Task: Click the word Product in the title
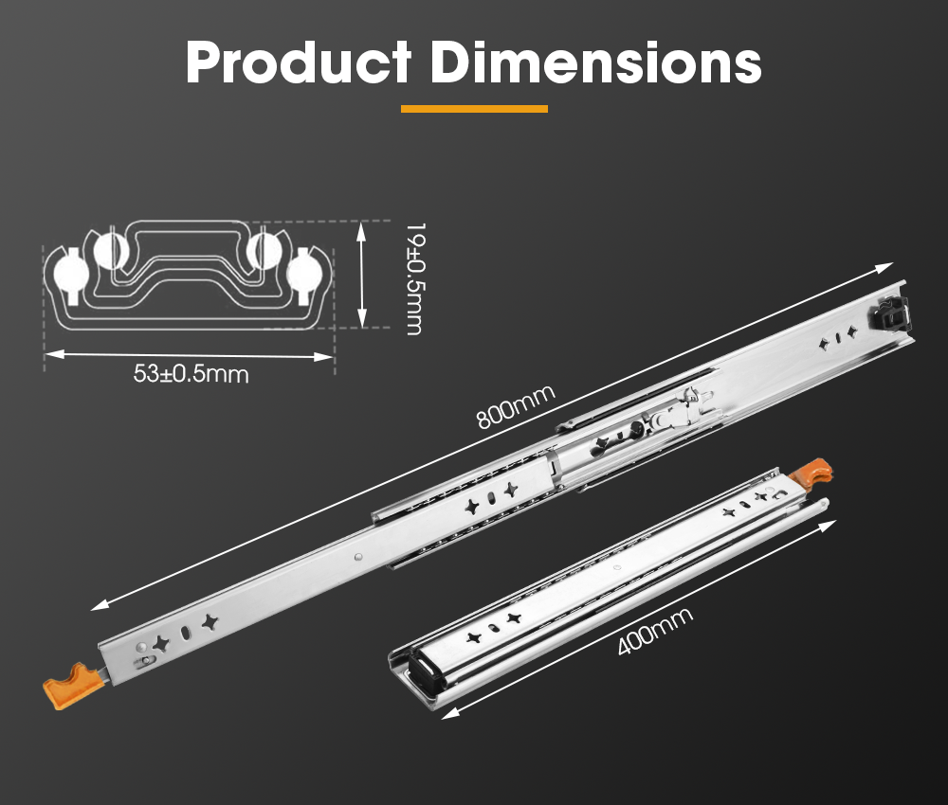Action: tap(298, 63)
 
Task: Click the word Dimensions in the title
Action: tap(596, 63)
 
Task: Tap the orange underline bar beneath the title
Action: tap(474, 109)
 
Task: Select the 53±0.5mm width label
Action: tap(191, 374)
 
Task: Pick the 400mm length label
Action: tap(654, 632)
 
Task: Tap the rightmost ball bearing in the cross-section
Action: tap(306, 273)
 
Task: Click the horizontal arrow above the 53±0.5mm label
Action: tap(190, 355)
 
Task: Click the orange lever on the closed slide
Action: tap(812, 474)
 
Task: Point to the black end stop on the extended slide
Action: tap(893, 312)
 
